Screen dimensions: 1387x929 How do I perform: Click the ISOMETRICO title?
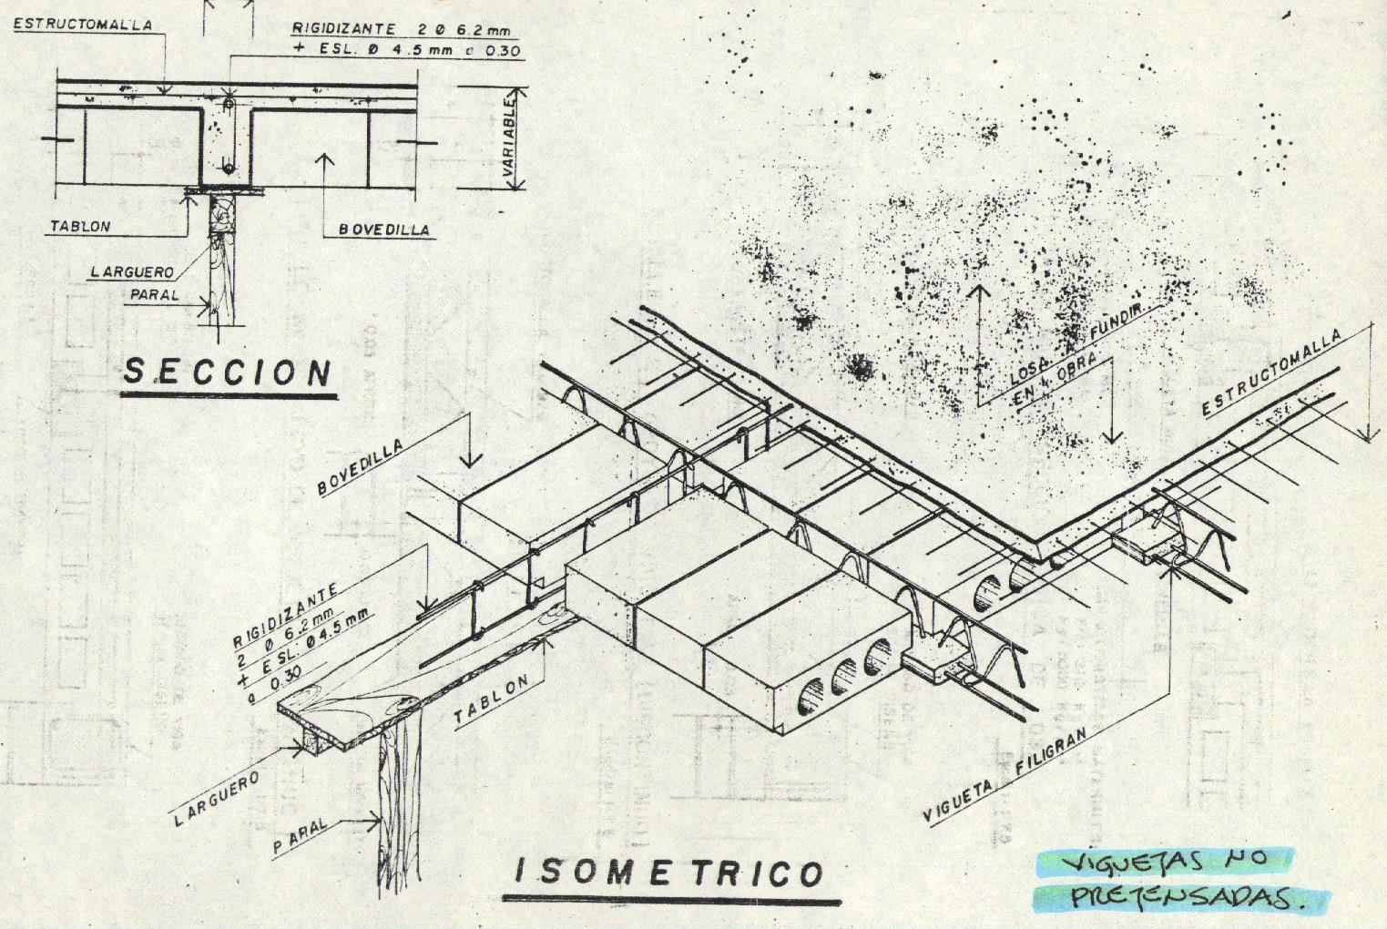pyautogui.click(x=670, y=873)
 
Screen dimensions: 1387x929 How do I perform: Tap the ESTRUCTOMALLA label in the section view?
pyautogui.click(x=83, y=26)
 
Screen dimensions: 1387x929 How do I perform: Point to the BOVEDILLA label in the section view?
pyautogui.click(x=383, y=230)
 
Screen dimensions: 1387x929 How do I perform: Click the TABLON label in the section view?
pyautogui.click(x=80, y=226)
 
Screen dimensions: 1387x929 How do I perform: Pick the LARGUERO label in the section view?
pyautogui.click(x=132, y=271)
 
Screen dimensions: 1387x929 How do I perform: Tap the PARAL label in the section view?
pyautogui.click(x=154, y=295)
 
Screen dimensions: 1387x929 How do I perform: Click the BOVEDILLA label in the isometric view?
pyautogui.click(x=361, y=464)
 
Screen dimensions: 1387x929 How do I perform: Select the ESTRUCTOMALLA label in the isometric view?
pyautogui.click(x=1270, y=373)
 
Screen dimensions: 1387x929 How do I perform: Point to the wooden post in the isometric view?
pyautogui.click(x=399, y=801)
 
